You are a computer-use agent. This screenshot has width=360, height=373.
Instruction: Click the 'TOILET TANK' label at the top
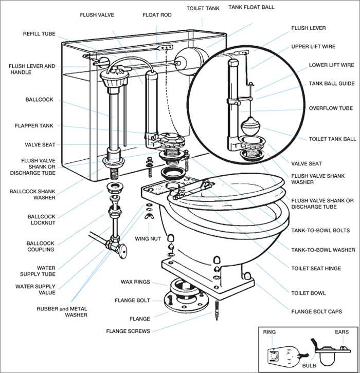(x=202, y=8)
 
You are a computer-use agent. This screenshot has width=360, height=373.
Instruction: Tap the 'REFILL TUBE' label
(x=39, y=33)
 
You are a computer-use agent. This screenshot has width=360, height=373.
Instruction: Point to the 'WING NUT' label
(x=148, y=239)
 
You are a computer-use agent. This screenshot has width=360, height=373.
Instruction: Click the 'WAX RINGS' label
(x=135, y=282)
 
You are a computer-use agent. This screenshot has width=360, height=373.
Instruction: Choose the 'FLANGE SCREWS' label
(x=128, y=331)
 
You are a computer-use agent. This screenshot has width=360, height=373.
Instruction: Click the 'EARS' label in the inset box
(x=341, y=332)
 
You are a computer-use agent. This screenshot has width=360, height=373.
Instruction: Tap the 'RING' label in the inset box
(x=269, y=332)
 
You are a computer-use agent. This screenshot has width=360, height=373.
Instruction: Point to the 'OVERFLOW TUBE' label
(x=331, y=108)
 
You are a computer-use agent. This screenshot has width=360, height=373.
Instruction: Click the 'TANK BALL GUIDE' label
(x=332, y=83)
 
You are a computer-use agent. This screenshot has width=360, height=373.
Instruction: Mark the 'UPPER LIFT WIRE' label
(x=313, y=46)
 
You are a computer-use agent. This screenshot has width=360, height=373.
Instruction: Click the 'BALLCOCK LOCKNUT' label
(x=41, y=220)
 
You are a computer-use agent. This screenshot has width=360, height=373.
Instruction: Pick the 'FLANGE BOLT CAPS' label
(x=316, y=311)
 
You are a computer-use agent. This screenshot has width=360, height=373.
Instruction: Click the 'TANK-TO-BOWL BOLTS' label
(x=320, y=231)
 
